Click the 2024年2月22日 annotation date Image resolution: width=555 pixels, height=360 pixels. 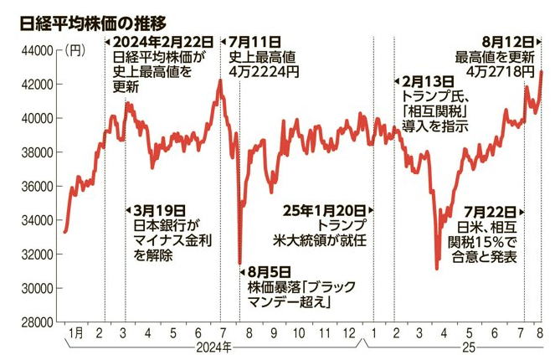[160, 41]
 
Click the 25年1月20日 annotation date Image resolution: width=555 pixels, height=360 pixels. [318, 211]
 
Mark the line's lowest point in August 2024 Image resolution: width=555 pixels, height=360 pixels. [240, 263]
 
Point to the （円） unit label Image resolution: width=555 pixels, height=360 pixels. [77, 51]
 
